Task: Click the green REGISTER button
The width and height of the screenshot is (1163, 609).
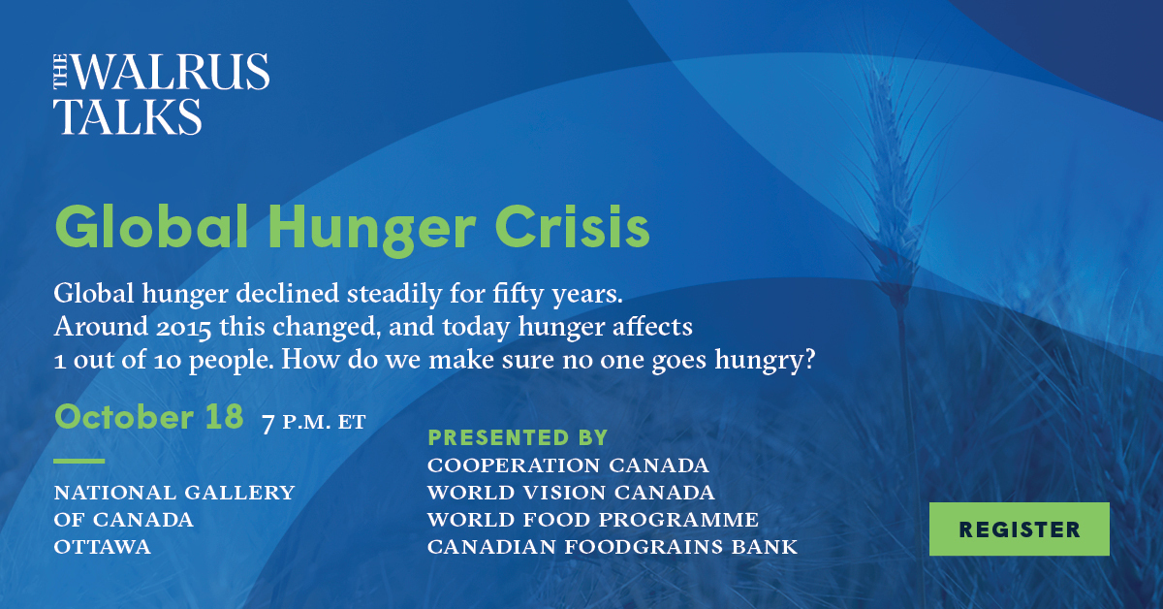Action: coord(1019,529)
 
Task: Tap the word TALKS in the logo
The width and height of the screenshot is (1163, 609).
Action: coord(127,115)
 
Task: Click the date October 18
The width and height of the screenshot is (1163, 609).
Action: coord(148,417)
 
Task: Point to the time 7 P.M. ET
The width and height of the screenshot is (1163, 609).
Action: coord(314,423)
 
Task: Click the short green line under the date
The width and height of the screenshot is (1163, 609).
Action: coord(79,460)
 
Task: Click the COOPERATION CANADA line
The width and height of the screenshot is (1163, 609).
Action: coord(568,465)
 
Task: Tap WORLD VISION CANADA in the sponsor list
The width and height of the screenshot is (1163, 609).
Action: coord(571,493)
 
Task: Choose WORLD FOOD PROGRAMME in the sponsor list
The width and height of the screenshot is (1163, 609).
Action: coord(592,520)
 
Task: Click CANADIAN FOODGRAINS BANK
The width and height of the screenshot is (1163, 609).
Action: coord(612,548)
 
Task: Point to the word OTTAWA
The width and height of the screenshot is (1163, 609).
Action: coord(102,548)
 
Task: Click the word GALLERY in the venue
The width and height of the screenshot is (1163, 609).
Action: coord(240,493)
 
